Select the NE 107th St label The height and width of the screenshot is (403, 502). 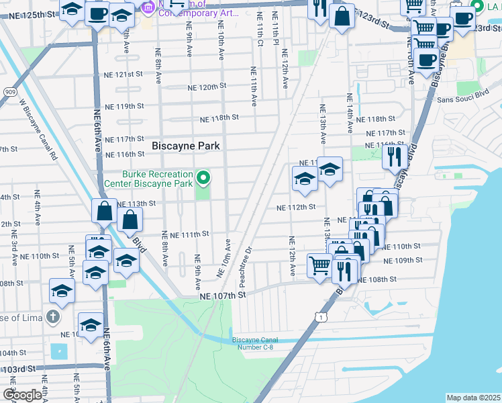point(223,294)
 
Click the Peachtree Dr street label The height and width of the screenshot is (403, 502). point(246,255)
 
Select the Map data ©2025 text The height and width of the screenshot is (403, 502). point(473,398)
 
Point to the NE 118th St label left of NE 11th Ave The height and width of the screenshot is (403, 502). point(219,118)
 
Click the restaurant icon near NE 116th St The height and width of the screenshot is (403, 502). point(394,156)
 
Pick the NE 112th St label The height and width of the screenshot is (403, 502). point(296,208)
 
